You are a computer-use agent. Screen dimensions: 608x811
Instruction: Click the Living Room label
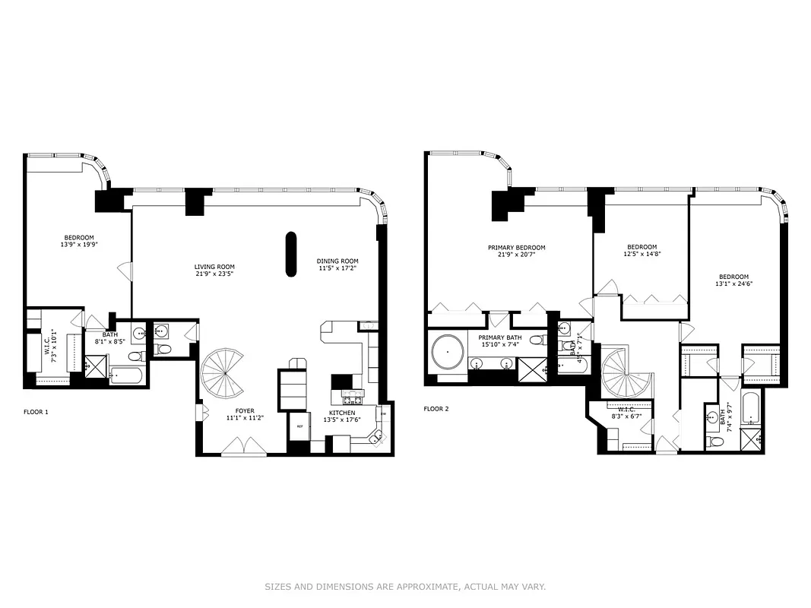pos(214,267)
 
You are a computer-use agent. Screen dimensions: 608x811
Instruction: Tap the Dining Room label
pos(337,261)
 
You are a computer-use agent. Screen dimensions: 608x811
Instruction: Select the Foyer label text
pos(244,411)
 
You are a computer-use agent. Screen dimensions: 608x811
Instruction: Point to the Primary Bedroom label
pos(516,248)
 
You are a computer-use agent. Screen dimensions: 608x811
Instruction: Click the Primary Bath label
pos(499,337)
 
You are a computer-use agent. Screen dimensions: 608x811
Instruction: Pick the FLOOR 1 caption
pos(36,412)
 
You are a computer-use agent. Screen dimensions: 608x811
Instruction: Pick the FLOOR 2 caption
pos(436,409)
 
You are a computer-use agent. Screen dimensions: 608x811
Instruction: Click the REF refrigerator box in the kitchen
pos(299,427)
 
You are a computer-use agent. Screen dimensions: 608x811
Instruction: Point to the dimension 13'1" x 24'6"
pos(733,284)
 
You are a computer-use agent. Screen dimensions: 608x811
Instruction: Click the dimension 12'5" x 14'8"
pos(642,254)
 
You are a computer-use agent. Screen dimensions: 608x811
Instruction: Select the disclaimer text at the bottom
pos(405,587)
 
